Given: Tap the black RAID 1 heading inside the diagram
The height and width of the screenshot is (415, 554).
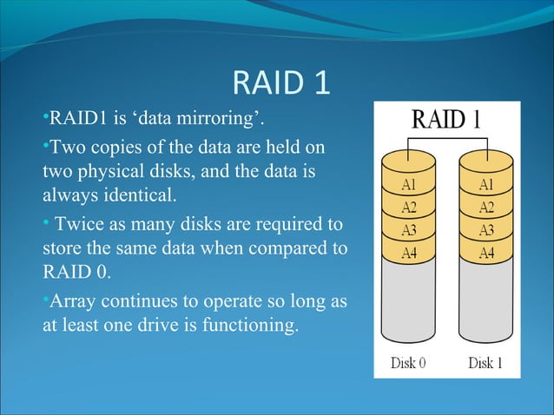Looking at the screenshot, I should pos(446,118).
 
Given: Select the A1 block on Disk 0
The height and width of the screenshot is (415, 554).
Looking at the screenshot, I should pos(407,185).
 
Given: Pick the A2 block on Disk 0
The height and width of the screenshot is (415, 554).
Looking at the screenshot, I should pos(407,207).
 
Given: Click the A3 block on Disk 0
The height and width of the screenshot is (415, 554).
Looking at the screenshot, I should pos(407,230).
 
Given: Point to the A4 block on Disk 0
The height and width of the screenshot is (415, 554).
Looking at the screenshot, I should pos(407,253).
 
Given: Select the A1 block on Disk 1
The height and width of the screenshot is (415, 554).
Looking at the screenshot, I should pos(486,185).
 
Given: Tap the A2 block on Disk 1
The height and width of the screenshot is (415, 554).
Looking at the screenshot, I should pos(486,207).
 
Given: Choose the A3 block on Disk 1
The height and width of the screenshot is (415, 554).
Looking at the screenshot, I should pos(486,230).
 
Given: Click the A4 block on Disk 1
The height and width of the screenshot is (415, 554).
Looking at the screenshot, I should pos(486,253).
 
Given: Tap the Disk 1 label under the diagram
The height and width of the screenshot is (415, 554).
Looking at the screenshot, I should pos(485,363).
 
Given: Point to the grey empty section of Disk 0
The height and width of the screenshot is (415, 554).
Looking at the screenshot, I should pos(407,304).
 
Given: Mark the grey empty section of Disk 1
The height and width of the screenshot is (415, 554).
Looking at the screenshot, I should pos(486,304).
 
